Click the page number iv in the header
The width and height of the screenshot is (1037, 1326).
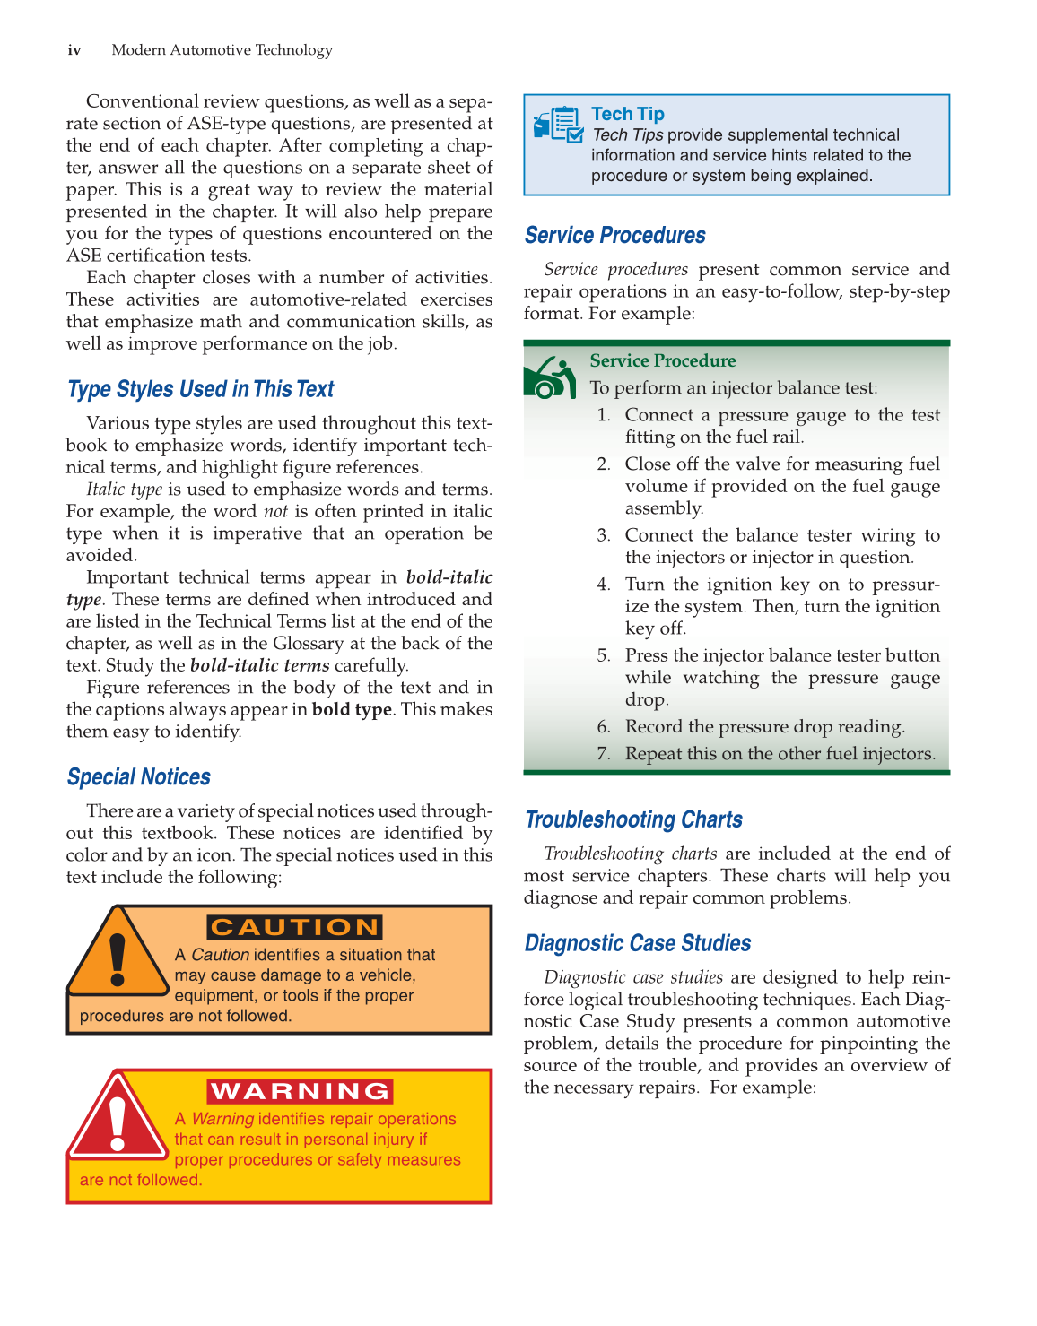pos(74,50)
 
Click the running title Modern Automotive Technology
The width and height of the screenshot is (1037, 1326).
pos(222,50)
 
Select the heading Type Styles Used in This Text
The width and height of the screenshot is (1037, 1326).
pos(200,389)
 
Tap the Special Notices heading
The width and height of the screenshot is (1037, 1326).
pos(139,777)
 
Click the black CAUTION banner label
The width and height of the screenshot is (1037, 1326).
pos(295,927)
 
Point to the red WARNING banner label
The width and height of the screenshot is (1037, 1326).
pos(301,1091)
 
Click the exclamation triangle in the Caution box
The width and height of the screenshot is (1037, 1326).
pos(118,958)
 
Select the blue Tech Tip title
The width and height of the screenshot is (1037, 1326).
pos(628,114)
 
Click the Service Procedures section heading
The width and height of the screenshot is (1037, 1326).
pos(614,236)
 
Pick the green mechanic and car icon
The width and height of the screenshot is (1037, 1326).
pos(549,378)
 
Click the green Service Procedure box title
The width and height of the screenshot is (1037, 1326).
pos(662,360)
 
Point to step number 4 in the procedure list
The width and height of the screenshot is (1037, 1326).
pos(604,585)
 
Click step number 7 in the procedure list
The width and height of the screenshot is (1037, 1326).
pos(604,754)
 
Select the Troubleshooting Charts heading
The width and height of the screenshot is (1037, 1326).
pos(633,820)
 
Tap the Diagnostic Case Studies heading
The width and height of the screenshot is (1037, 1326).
pos(637,943)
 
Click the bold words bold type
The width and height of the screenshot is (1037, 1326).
pos(352,710)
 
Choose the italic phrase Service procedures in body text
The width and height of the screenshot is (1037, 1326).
pos(615,270)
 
